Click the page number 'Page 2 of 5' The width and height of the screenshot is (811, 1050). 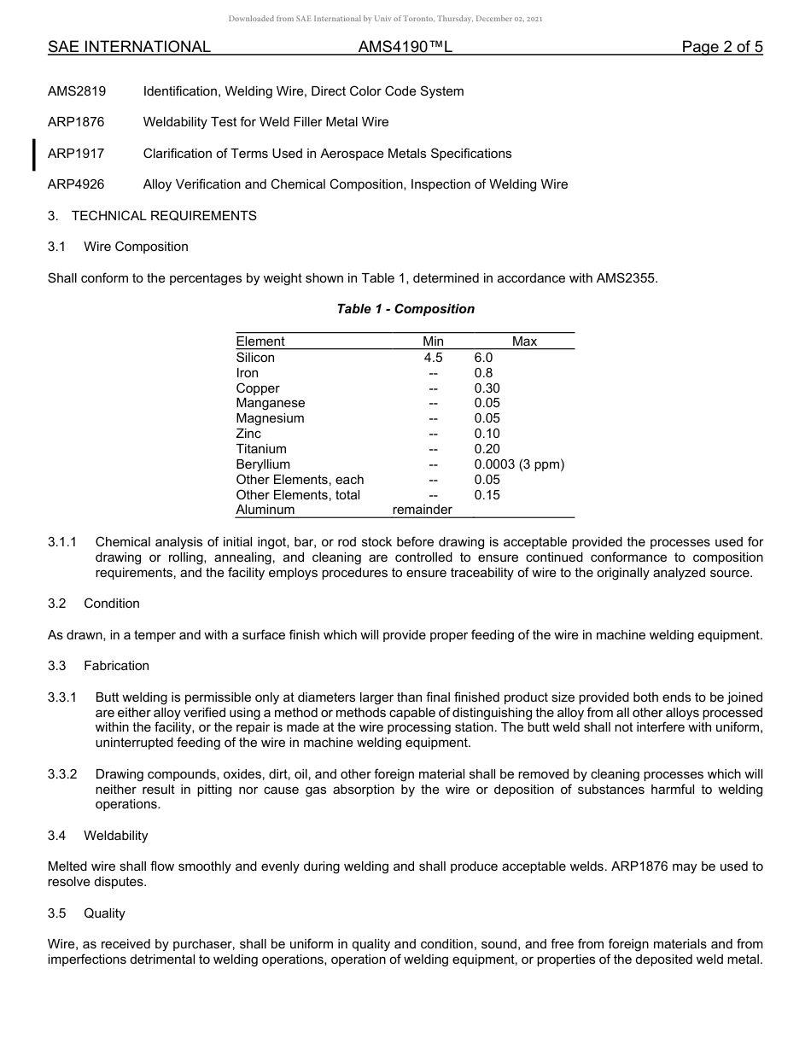coord(721,47)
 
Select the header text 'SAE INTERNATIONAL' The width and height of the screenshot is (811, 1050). coord(129,47)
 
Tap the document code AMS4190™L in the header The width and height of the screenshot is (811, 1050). coord(405,47)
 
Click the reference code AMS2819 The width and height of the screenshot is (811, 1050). coord(77,91)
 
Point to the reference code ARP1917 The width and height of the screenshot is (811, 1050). coord(76,154)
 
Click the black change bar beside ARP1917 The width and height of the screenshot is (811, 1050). coord(33,155)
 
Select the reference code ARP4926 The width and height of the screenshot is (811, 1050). coord(76,184)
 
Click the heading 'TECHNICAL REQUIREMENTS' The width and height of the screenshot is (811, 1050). coord(164,216)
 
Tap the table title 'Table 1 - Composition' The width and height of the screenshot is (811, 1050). coord(405,309)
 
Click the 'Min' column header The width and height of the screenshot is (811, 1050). coord(433,341)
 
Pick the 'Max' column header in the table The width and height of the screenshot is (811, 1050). coord(524,341)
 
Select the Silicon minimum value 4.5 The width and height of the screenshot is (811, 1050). coord(433,358)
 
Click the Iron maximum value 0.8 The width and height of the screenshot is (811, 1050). coord(483,373)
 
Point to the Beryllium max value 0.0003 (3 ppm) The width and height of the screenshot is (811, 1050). coord(519,464)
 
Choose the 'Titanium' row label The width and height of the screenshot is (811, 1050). coord(261,449)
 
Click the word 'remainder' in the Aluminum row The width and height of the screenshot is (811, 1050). coord(422,510)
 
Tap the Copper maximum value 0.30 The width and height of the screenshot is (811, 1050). coord(487,388)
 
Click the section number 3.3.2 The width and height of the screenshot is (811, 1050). coord(62,774)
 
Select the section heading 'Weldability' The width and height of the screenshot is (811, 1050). coord(115,836)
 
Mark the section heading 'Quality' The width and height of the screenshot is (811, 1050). coord(104,913)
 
